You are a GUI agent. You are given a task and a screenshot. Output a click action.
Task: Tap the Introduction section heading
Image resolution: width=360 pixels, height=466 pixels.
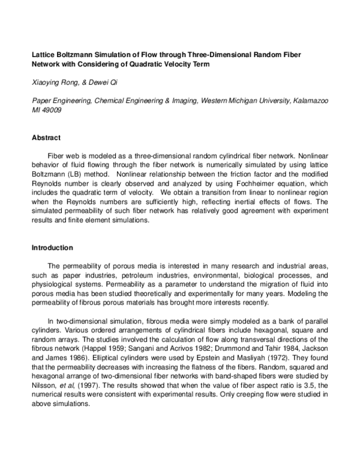52,247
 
